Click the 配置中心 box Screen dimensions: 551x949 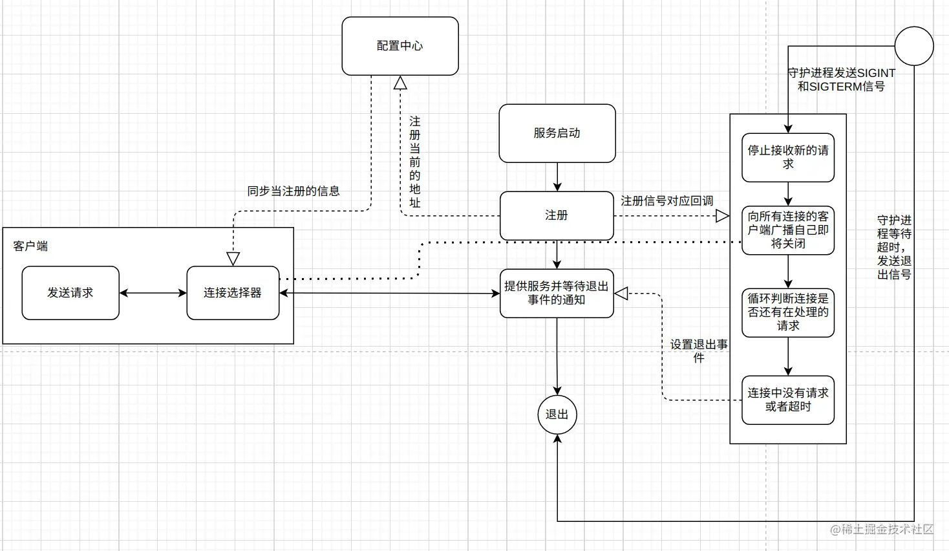click(400, 46)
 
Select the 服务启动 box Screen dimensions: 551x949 click(557, 133)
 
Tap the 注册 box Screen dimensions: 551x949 click(557, 215)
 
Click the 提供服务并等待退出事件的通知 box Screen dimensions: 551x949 click(557, 293)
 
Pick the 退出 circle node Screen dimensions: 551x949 click(557, 415)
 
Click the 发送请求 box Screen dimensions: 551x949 click(70, 293)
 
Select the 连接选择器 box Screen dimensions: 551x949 click(233, 293)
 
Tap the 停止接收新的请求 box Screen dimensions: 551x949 click(787, 157)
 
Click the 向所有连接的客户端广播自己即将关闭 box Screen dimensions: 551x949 click(787, 230)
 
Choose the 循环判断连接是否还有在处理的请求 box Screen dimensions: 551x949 click(787, 312)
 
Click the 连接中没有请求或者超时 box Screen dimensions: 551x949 click(787, 400)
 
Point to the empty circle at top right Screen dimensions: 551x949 click(913, 46)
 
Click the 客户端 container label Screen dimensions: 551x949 click(30, 246)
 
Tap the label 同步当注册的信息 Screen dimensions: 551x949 click(293, 191)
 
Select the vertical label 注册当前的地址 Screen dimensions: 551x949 click(414, 162)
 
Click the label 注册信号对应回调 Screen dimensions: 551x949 click(666, 201)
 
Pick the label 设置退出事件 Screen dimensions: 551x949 click(698, 351)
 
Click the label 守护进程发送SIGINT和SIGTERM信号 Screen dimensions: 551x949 click(841, 80)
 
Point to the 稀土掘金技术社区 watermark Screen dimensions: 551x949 click(882, 530)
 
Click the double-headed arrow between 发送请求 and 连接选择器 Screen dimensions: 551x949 click(153, 293)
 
